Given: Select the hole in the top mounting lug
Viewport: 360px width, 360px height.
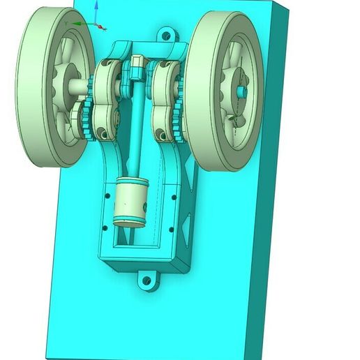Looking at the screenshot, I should point(165,33).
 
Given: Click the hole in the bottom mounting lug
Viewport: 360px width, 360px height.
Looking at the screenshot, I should point(147,281).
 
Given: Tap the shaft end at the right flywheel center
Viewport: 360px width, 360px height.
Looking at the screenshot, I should point(245,91).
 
